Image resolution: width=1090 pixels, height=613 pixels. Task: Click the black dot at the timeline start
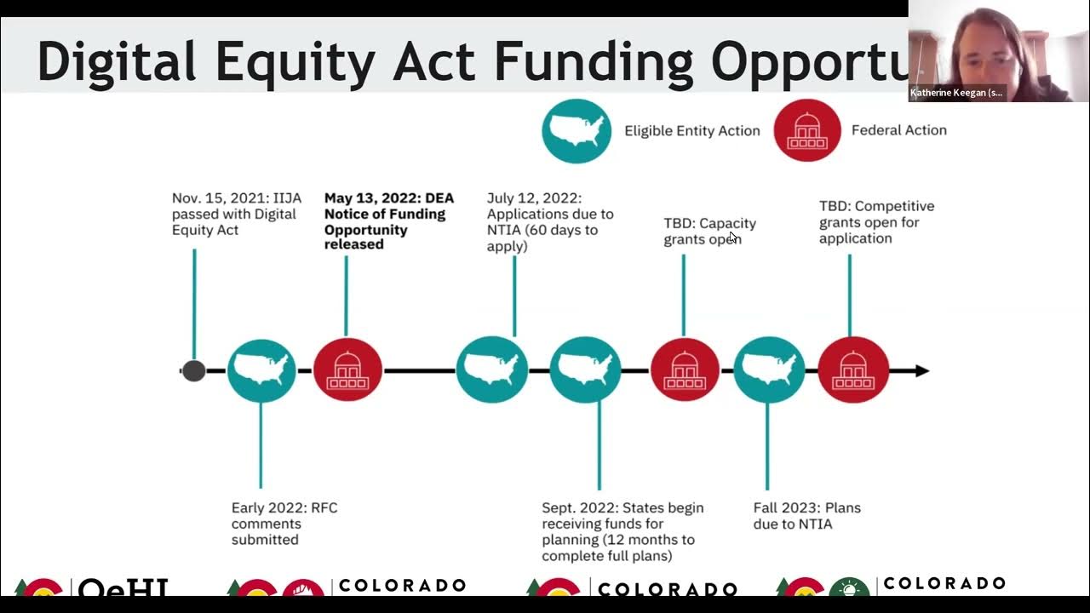point(194,371)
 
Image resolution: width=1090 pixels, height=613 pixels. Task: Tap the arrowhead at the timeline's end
point(921,371)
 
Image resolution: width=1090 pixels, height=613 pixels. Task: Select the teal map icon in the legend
point(577,130)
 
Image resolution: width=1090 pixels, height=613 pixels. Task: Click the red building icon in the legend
point(806,130)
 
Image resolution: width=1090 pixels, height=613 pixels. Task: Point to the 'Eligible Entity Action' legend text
point(691,130)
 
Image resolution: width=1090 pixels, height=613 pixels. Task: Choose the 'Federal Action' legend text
point(898,130)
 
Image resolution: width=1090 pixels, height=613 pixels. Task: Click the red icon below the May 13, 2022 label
point(347,370)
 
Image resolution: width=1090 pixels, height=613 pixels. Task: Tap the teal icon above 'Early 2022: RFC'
point(261,370)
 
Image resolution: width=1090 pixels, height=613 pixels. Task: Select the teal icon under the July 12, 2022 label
point(491,370)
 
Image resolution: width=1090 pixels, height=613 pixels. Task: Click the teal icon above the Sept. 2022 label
point(585,370)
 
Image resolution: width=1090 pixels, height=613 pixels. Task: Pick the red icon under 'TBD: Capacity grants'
point(685,370)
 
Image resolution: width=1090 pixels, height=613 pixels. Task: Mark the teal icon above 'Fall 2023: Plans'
point(768,370)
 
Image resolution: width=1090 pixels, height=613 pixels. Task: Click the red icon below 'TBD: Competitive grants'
point(853,370)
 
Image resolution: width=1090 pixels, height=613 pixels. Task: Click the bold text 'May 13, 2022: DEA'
point(389,198)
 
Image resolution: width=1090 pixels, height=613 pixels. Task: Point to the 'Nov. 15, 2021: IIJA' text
point(236,198)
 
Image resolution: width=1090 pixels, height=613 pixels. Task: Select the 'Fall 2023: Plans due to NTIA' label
point(806,515)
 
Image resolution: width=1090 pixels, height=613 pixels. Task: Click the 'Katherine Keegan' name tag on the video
point(956,93)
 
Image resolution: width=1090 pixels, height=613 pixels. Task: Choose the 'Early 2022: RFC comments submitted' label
point(284,523)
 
